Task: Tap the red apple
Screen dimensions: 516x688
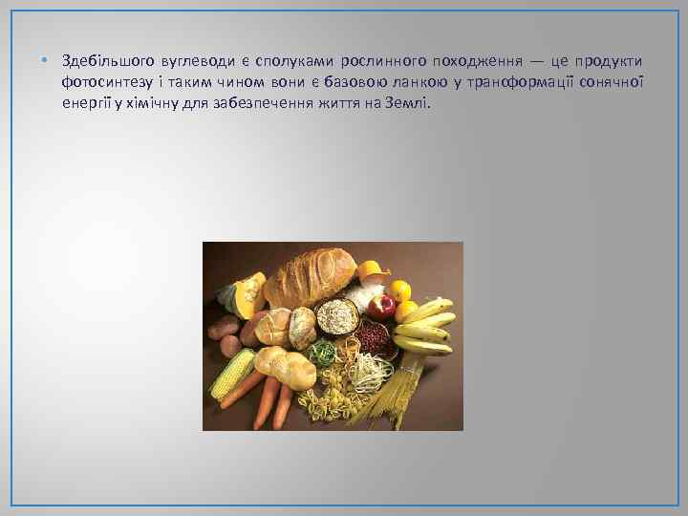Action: pyautogui.click(x=382, y=306)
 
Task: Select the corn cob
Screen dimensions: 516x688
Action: pyautogui.click(x=231, y=374)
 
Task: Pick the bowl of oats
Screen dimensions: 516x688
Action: pyautogui.click(x=335, y=316)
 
